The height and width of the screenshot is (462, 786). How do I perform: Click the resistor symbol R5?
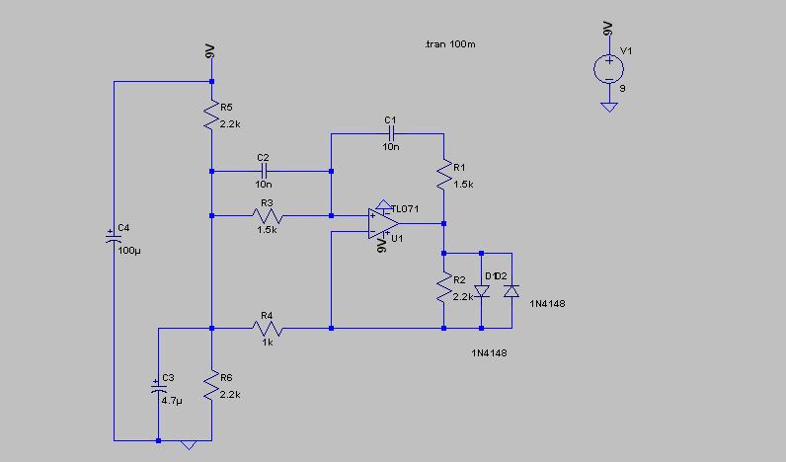(x=211, y=115)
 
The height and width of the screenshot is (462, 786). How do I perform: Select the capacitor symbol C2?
(x=264, y=171)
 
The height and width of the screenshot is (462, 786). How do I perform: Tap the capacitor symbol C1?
(x=391, y=133)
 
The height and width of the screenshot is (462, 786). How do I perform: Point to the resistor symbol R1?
(x=443, y=175)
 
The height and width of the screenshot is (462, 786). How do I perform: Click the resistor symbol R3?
(x=268, y=216)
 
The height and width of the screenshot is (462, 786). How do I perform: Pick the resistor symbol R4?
(x=268, y=328)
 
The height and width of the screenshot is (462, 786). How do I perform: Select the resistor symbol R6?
(x=211, y=385)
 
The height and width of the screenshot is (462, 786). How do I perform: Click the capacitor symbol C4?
(x=114, y=238)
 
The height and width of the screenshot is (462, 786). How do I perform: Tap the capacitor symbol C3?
(x=158, y=387)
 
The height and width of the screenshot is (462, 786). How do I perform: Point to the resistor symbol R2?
(x=443, y=287)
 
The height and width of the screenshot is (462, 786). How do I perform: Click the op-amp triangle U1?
(x=383, y=223)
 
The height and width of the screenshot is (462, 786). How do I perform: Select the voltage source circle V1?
(x=608, y=69)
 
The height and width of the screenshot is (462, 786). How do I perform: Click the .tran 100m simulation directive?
(x=449, y=44)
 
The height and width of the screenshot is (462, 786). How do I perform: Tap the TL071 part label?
(x=405, y=209)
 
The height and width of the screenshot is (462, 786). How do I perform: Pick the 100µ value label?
(x=129, y=251)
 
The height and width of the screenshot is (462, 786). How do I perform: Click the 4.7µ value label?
(x=172, y=401)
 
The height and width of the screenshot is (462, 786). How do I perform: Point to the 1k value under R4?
(x=268, y=343)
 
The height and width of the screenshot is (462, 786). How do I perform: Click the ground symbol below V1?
(x=609, y=108)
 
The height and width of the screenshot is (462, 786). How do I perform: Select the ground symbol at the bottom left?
(x=189, y=445)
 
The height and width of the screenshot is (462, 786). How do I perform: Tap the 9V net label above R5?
(x=210, y=51)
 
